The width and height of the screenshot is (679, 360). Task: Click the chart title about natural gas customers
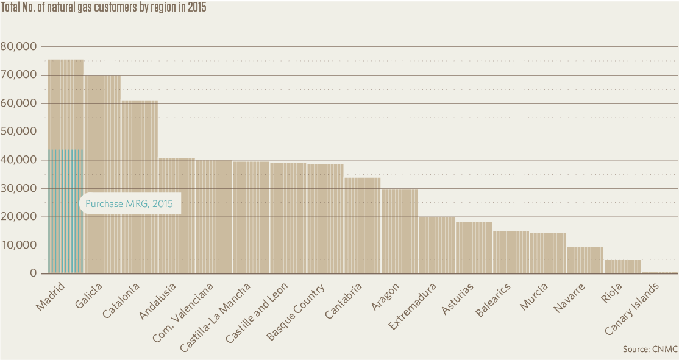[x=104, y=9]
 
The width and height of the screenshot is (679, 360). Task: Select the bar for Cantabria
[x=362, y=225]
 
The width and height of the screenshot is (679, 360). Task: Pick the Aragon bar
[x=399, y=231]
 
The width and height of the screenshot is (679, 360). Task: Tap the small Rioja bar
[x=622, y=267]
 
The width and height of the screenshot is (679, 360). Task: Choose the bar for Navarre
[x=585, y=260]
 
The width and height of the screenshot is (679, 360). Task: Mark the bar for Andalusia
[x=177, y=216]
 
